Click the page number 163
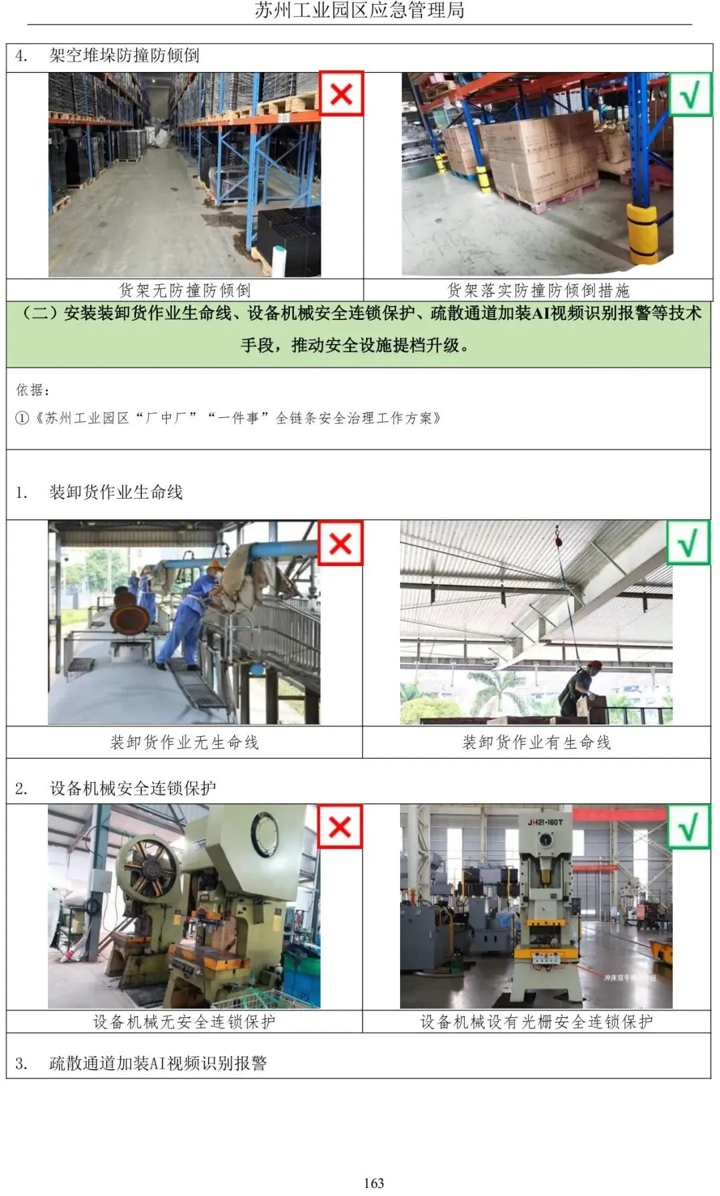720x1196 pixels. click(x=374, y=1183)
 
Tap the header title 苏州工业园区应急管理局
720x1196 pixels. click(x=360, y=11)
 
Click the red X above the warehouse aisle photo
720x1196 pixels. click(x=341, y=93)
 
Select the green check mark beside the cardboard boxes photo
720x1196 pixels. click(x=690, y=94)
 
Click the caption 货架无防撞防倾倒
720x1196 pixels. click(x=185, y=290)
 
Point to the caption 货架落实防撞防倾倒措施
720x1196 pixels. click(x=538, y=290)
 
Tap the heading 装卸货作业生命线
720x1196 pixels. click(x=116, y=492)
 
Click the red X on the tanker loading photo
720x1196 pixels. click(x=341, y=543)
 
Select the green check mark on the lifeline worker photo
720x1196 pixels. click(x=689, y=542)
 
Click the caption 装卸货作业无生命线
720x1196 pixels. click(x=185, y=742)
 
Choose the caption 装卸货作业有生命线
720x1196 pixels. click(x=537, y=742)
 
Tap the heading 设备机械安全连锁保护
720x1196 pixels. click(x=133, y=788)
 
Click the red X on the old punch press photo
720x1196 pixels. click(x=340, y=827)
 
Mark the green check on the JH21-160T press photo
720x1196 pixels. click(x=689, y=827)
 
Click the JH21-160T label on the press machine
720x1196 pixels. click(x=545, y=822)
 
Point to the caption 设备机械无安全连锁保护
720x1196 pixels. click(x=184, y=1021)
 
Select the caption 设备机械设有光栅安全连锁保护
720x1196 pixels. click(x=537, y=1021)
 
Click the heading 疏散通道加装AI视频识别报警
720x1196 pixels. click(x=158, y=1063)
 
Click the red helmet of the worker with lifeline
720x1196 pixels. click(x=594, y=665)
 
